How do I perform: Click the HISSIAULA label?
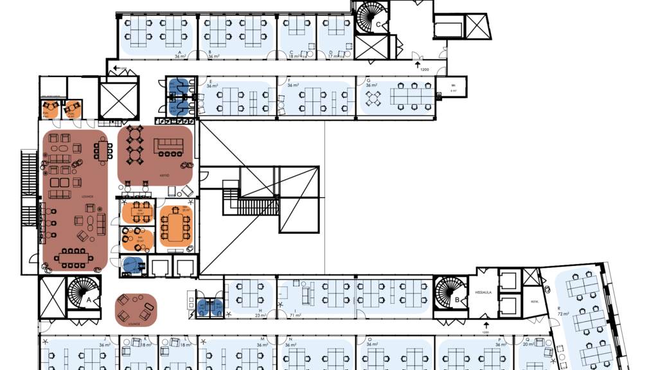(483, 292)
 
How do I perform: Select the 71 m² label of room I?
(298, 315)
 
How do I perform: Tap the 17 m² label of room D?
(333, 57)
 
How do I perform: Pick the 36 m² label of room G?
(371, 85)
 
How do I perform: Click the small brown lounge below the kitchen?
(136, 310)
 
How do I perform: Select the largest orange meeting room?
(175, 225)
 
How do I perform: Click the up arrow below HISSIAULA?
(486, 325)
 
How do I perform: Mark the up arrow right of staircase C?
(418, 66)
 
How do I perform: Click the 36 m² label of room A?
(179, 57)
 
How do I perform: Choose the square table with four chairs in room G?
(373, 98)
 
